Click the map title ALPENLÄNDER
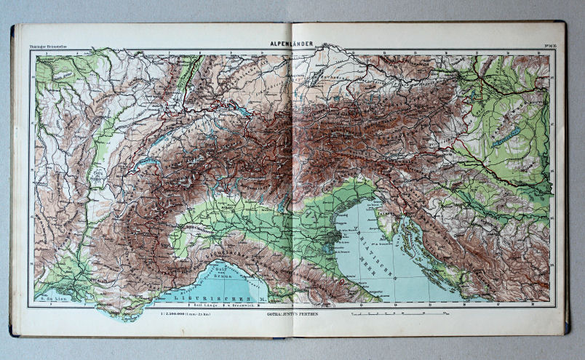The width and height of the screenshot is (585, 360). pyautogui.click(x=292, y=44)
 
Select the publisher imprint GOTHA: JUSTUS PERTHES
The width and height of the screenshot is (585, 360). pyautogui.click(x=293, y=314)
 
